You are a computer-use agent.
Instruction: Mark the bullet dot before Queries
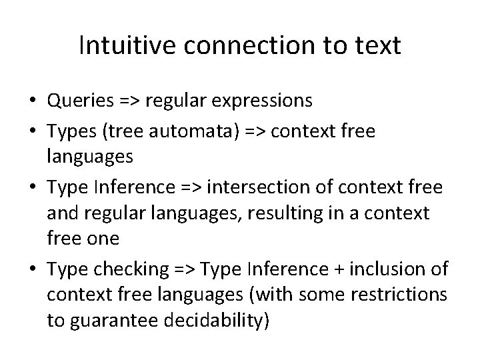(32, 101)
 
